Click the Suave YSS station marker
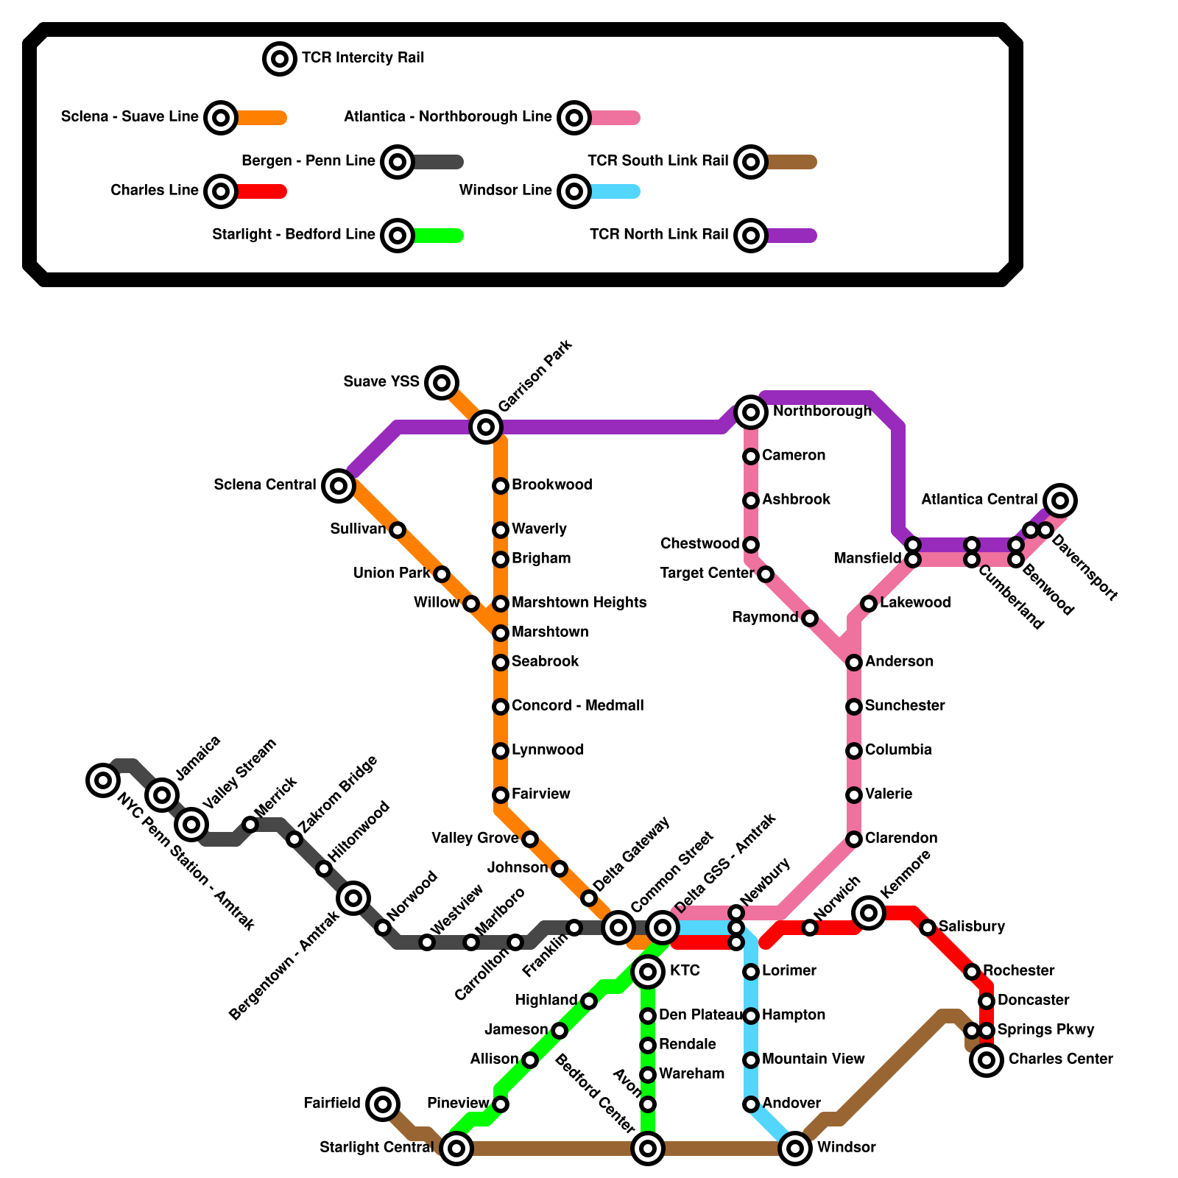[442, 382]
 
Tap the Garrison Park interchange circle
[486, 426]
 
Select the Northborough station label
[822, 411]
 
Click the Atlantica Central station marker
[1060, 501]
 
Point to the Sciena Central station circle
[339, 485]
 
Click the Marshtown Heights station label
[579, 602]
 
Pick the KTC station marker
[648, 972]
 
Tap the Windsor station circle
[795, 1148]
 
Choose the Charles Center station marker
[987, 1060]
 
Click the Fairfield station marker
[383, 1104]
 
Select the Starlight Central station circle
[456, 1148]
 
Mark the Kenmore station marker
[869, 913]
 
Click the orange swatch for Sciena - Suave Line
[261, 118]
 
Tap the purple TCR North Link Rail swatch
[791, 236]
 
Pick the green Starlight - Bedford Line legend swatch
[437, 236]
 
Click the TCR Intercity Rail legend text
[362, 57]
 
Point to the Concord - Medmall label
[577, 705]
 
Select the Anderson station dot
[854, 663]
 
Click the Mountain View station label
[813, 1059]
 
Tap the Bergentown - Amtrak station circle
[353, 897]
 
